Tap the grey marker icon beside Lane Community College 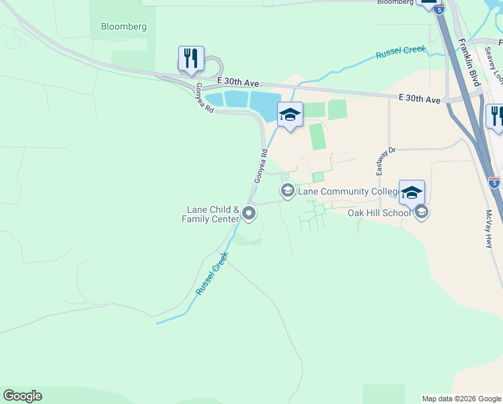tap(287, 191)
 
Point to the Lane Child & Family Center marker tap(249, 214)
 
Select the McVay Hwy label tap(489, 230)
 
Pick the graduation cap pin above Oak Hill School tap(412, 193)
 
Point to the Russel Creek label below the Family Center tap(212, 273)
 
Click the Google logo tap(22, 396)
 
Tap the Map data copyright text tap(461, 399)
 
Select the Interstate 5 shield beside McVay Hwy tap(494, 182)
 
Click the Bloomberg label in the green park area tap(124, 27)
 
